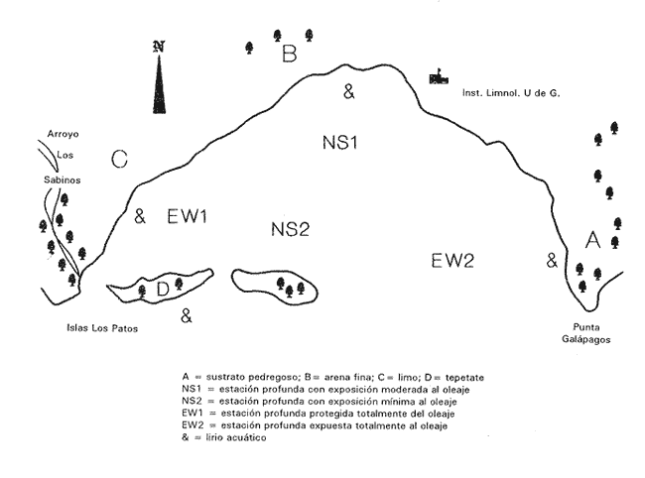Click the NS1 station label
pyautogui.click(x=339, y=143)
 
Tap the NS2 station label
pyautogui.click(x=290, y=229)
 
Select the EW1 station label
pyautogui.click(x=187, y=216)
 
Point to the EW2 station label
pyautogui.click(x=452, y=261)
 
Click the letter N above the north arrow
pyautogui.click(x=159, y=47)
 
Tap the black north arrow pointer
pyautogui.click(x=159, y=84)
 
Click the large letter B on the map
pyautogui.click(x=290, y=54)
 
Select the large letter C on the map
pyautogui.click(x=120, y=159)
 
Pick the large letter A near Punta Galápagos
pyautogui.click(x=592, y=240)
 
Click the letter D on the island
pyautogui.click(x=163, y=290)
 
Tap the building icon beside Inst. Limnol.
pyautogui.click(x=439, y=77)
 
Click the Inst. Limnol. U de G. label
pyautogui.click(x=511, y=93)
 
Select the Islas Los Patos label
pyautogui.click(x=102, y=328)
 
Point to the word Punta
pyautogui.click(x=586, y=327)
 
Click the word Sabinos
pyautogui.click(x=63, y=180)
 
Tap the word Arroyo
pyautogui.click(x=63, y=134)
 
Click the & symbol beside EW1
pyautogui.click(x=140, y=216)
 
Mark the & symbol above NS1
pyautogui.click(x=349, y=91)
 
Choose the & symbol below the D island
pyautogui.click(x=187, y=315)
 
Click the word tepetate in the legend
pyautogui.click(x=464, y=377)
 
